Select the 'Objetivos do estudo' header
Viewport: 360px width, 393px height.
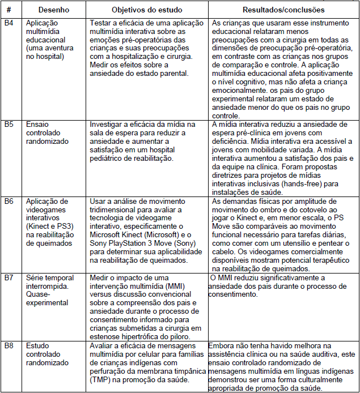143,10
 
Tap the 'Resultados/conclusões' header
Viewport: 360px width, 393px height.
283,10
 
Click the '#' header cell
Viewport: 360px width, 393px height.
10,10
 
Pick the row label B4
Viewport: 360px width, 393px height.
10,23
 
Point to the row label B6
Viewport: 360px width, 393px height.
10,202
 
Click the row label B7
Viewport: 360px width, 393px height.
10,278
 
